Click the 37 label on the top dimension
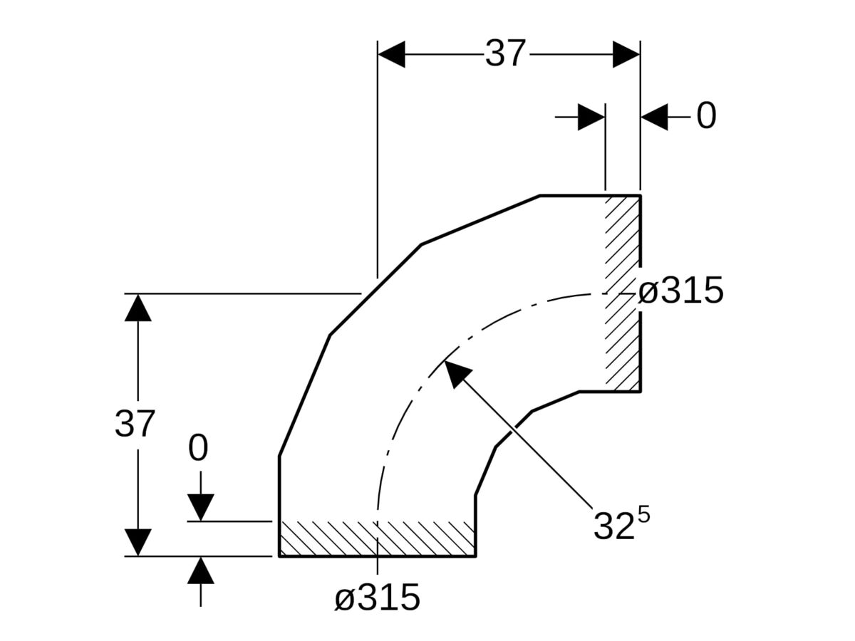click(505, 54)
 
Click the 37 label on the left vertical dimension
click(134, 424)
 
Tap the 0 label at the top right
click(705, 116)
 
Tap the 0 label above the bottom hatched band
click(198, 449)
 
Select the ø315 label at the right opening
click(680, 291)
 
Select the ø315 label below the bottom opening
click(378, 598)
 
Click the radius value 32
click(613, 526)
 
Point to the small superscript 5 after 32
click(643, 514)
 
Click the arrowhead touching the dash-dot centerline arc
click(456, 372)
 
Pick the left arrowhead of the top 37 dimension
click(391, 54)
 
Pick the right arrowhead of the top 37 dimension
click(626, 54)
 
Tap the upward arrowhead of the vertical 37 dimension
click(138, 308)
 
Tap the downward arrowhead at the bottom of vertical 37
click(138, 542)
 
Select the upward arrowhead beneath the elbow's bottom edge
click(201, 570)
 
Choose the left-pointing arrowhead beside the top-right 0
click(655, 117)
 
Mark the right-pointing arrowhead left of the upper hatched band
click(591, 117)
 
